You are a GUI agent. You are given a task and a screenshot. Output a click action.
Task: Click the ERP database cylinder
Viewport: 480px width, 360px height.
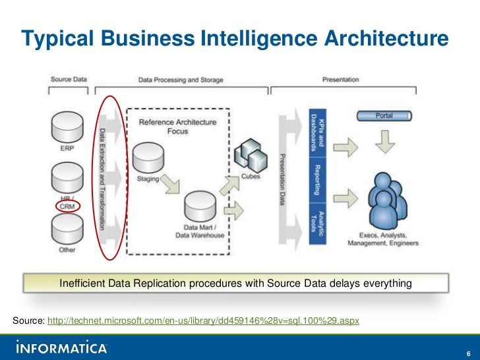click(x=67, y=126)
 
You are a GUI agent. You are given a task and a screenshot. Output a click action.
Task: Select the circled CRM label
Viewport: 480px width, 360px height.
click(x=67, y=206)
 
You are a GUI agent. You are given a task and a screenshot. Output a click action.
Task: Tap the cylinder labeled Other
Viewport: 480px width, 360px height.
click(x=67, y=230)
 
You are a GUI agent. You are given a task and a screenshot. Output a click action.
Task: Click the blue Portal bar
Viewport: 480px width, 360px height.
click(x=384, y=115)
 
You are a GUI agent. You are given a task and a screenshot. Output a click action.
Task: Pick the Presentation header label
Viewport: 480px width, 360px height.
click(x=340, y=80)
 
